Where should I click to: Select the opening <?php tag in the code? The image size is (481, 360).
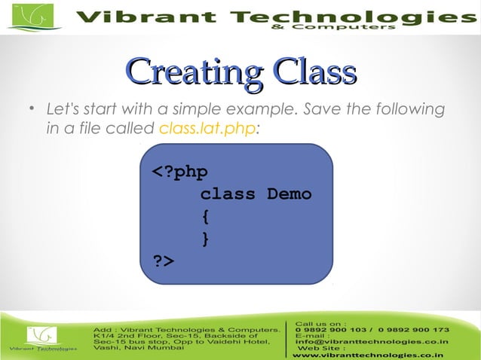[180, 172]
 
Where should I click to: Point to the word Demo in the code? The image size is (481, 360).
[289, 194]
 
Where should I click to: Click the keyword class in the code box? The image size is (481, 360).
[228, 194]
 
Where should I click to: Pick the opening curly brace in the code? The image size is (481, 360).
[205, 217]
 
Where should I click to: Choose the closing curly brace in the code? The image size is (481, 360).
[205, 239]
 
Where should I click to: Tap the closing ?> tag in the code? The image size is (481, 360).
[164, 261]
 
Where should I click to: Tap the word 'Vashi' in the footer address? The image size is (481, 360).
[106, 348]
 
